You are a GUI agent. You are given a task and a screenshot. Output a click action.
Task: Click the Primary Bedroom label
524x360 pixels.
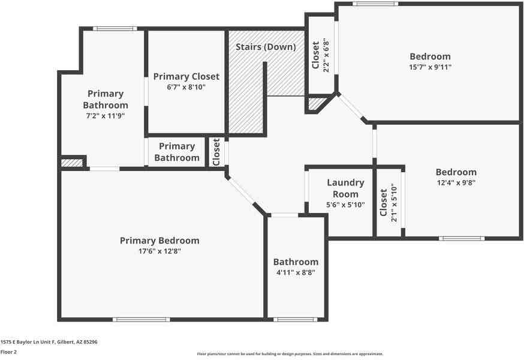159,241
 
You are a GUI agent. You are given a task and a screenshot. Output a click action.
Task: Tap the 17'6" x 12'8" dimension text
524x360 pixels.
159,251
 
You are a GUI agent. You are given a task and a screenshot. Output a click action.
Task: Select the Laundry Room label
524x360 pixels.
345,188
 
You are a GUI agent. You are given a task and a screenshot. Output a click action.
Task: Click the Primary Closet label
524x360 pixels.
186,76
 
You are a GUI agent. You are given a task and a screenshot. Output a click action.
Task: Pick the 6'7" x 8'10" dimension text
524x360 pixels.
186,87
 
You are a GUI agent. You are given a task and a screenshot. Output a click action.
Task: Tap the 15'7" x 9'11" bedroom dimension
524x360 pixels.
430,67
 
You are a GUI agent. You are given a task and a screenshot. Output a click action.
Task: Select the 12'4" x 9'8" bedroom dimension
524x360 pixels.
456,182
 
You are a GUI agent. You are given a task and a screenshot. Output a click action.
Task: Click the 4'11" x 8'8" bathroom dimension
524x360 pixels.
296,272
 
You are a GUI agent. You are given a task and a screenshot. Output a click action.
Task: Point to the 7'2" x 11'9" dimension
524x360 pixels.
106,116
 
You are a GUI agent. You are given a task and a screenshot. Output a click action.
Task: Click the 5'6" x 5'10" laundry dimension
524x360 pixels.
345,205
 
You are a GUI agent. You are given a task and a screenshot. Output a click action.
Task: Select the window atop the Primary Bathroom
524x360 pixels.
115,29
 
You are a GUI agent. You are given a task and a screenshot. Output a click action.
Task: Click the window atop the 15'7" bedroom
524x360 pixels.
375,4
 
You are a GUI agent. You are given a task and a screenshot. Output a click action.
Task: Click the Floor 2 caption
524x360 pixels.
9,352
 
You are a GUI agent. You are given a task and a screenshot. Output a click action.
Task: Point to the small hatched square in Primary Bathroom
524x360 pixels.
72,163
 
